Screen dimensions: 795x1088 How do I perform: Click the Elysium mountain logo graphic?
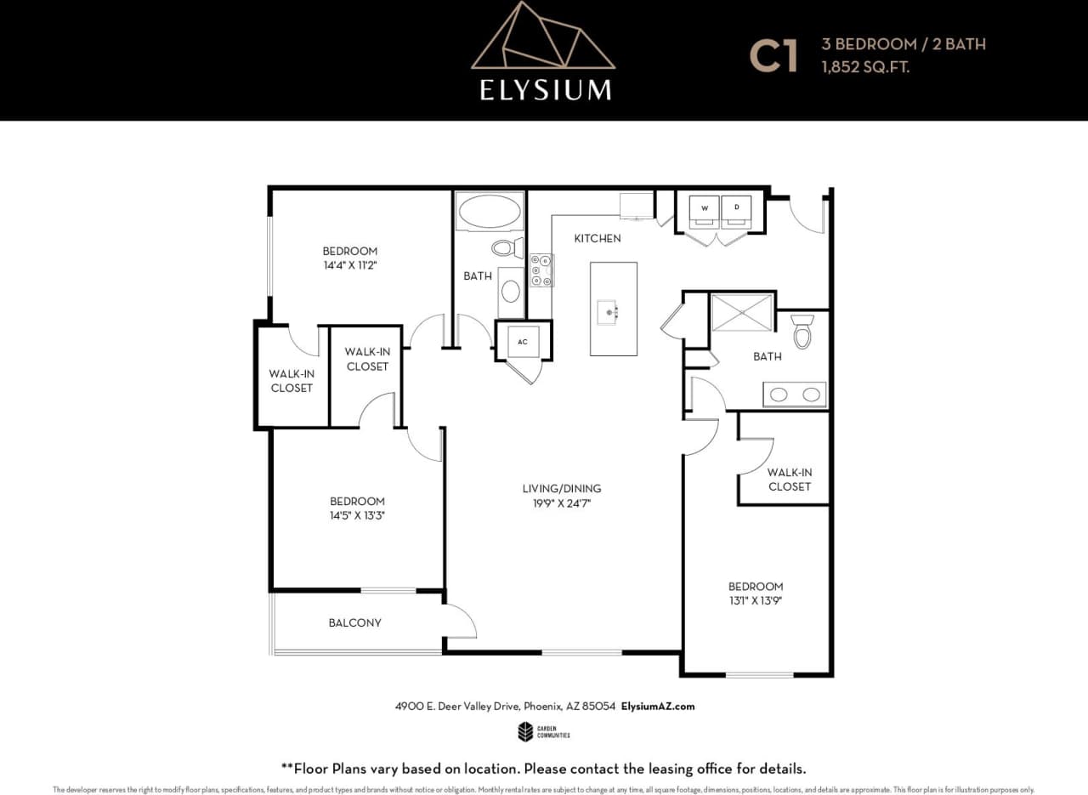(543, 38)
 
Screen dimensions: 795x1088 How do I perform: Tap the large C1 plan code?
(773, 56)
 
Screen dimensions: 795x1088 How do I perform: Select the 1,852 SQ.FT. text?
(865, 67)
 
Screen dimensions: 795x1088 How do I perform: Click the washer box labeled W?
(704, 209)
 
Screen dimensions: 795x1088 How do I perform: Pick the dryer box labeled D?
(736, 209)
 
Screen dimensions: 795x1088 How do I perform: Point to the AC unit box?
(523, 342)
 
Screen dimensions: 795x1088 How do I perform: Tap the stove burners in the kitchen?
(541, 270)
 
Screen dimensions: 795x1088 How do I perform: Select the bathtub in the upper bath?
(489, 211)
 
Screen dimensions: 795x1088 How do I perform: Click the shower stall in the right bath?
(742, 312)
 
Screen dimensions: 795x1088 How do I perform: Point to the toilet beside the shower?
(802, 332)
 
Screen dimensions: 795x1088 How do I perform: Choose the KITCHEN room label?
(597, 238)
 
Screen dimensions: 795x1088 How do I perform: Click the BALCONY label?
(354, 622)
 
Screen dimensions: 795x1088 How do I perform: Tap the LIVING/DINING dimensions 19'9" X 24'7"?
(561, 503)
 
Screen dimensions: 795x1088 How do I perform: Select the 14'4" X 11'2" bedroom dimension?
(349, 264)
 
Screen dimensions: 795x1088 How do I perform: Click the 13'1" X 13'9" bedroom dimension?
(755, 600)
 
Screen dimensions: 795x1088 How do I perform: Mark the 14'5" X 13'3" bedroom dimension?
(357, 515)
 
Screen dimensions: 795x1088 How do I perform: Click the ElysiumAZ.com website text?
(658, 707)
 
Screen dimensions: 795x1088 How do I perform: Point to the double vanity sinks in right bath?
(795, 395)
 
